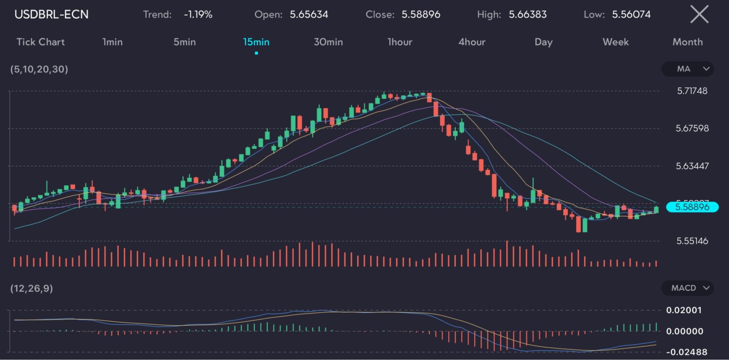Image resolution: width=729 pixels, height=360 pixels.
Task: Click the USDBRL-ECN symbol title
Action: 51,15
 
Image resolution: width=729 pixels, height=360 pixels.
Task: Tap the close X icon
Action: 699,15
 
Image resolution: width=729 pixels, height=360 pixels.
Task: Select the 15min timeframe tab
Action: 256,42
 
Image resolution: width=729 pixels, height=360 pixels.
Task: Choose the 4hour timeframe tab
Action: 472,42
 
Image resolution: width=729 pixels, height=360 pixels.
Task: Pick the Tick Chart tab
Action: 41,42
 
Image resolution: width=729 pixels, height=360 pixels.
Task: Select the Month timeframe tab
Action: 687,42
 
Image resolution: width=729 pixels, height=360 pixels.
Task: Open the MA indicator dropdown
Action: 687,69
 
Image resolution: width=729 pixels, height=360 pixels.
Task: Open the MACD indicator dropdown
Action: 687,288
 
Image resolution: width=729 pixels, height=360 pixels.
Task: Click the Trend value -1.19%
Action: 198,15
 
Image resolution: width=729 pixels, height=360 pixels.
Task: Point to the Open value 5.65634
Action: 309,15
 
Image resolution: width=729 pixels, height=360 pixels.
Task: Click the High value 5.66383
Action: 528,15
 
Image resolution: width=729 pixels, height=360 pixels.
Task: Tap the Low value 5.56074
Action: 631,15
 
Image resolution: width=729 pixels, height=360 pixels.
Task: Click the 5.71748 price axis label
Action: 692,91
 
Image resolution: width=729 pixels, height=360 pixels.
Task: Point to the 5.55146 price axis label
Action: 692,241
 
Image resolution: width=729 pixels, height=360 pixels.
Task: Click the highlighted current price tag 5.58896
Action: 692,207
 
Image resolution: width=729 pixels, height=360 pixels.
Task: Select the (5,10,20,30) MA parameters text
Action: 39,69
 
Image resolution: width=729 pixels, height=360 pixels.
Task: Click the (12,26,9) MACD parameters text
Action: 32,288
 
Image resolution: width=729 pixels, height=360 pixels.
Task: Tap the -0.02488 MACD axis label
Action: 687,352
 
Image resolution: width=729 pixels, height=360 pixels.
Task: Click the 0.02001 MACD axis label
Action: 684,310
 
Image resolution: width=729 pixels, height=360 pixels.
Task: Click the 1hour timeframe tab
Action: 400,42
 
